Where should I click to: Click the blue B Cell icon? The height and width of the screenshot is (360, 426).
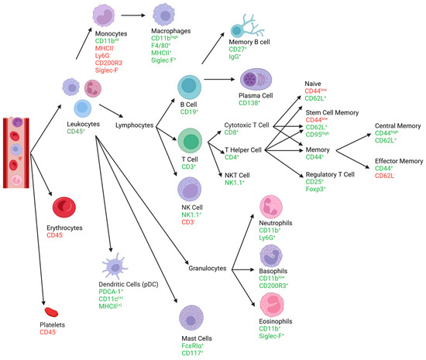pos(191,87)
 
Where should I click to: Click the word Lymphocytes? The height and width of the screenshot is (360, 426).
pos(139,124)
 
